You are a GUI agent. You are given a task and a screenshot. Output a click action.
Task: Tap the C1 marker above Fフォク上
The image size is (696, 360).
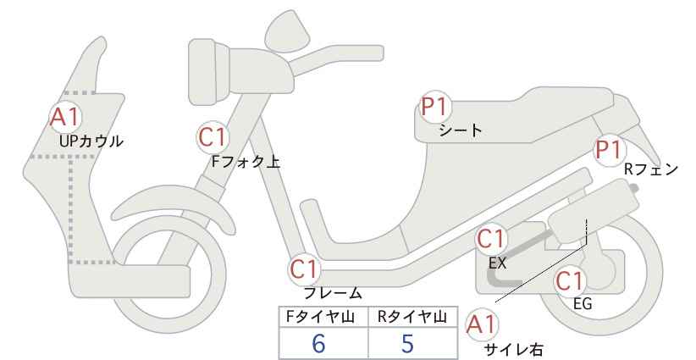(x=213, y=137)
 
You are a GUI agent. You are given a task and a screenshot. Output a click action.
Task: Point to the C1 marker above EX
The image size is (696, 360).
(x=493, y=240)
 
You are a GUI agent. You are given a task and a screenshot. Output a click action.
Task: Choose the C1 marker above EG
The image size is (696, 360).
(x=572, y=282)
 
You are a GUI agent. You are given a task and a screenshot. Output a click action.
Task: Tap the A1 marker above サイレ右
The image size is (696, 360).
(x=484, y=324)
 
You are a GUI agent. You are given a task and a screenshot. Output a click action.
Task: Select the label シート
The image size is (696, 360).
(x=461, y=131)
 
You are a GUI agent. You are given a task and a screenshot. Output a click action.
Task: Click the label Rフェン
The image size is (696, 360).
(x=650, y=169)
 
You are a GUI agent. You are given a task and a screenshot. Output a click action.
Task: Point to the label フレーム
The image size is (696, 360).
(x=333, y=293)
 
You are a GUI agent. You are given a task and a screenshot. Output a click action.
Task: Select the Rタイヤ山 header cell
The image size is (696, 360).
(x=412, y=317)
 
